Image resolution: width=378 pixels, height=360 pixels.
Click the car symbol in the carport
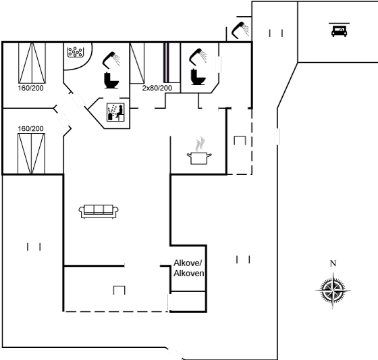point(339,30)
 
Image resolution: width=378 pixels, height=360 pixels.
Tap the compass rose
point(333,290)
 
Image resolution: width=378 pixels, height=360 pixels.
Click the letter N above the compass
point(333,263)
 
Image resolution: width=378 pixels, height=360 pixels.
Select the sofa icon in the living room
point(99,211)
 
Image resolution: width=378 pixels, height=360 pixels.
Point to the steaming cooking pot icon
point(199,151)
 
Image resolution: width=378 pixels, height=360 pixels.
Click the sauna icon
point(115,112)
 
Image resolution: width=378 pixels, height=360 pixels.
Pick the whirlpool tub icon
point(76,52)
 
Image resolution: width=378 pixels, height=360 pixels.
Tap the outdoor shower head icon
point(241,30)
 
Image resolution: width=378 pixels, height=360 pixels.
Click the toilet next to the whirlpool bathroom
point(111,80)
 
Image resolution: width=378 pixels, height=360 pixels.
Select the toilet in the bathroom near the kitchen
point(198,77)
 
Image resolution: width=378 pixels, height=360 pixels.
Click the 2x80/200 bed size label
point(157,88)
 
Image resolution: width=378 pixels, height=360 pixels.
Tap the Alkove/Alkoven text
point(189,268)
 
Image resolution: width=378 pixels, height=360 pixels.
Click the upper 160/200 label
point(31,88)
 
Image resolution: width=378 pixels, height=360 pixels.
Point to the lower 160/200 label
point(31,128)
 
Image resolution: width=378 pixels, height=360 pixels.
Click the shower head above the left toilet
point(111,60)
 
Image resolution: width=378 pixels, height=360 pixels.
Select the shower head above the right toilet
point(198,57)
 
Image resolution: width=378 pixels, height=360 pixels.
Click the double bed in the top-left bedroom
point(32,63)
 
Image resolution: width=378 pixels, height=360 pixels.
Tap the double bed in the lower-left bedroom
point(31,153)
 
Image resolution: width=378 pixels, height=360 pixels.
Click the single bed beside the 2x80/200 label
point(137,63)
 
